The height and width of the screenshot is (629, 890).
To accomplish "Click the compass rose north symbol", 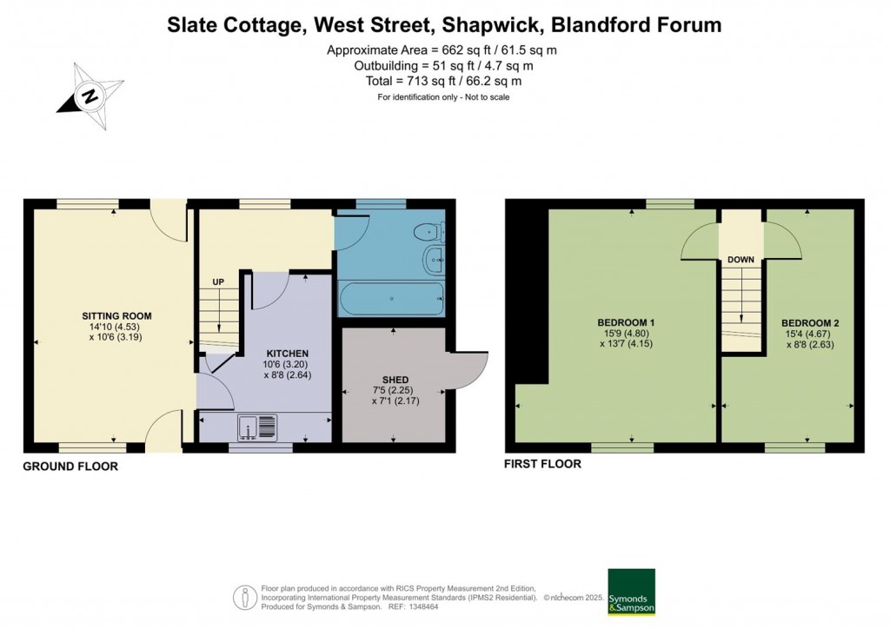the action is coord(90,96).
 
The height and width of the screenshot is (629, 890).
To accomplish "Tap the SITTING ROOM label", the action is coord(117,316).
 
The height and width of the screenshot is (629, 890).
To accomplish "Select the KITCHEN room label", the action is coord(288,354).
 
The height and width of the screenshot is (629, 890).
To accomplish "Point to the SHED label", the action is coord(395,380).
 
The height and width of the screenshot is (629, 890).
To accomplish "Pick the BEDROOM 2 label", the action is coord(810,323).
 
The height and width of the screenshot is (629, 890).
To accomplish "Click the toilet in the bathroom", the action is coord(429,232).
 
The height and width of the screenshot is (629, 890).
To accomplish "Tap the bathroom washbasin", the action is coord(435,261).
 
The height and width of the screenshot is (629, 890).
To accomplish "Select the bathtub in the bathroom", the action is coord(391,298).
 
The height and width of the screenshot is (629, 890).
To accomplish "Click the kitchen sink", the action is coord(257,427).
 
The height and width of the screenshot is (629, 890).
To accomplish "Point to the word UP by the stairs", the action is coord(218,281).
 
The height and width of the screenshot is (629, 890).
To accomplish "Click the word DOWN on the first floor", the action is coord(741,260).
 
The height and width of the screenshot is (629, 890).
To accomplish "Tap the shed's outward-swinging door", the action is coord(468,368).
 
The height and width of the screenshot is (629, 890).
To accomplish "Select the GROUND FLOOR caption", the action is coord(70,467).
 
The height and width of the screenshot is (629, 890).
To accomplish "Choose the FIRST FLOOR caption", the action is coord(542,464).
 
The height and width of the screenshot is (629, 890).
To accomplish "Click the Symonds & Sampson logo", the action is coord(631,592).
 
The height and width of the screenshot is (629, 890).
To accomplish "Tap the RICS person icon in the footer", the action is coord(245,597).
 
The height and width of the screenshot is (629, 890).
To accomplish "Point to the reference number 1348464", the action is coord(422,606).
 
